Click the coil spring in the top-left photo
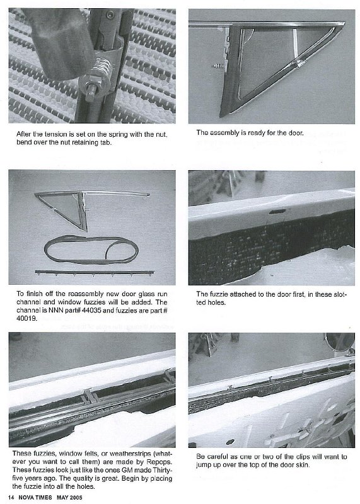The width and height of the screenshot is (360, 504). tap(102, 70)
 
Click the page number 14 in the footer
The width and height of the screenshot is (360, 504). tap(11, 497)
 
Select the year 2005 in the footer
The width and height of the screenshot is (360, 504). tap(76, 497)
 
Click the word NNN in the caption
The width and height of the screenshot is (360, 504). tap(56, 311)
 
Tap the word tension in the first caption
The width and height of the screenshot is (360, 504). tap(55, 134)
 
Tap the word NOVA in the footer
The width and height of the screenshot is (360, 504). tap(26, 497)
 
